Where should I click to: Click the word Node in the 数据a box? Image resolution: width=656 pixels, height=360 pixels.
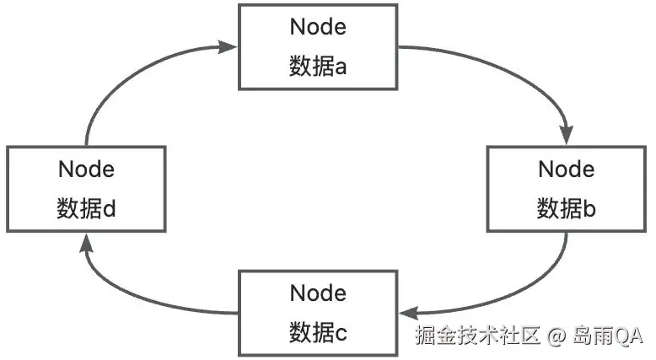point(318,27)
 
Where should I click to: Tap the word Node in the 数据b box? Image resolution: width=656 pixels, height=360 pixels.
point(566,169)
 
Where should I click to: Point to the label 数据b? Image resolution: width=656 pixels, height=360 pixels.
point(566,208)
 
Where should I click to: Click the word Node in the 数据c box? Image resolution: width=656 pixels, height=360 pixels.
point(318,293)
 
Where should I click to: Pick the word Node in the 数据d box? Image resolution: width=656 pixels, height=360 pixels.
point(86,169)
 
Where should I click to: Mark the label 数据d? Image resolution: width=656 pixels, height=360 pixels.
point(86,208)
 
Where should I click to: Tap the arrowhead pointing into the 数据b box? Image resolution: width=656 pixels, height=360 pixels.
point(567,137)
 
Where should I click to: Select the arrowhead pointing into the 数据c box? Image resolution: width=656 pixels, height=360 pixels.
point(406,311)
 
